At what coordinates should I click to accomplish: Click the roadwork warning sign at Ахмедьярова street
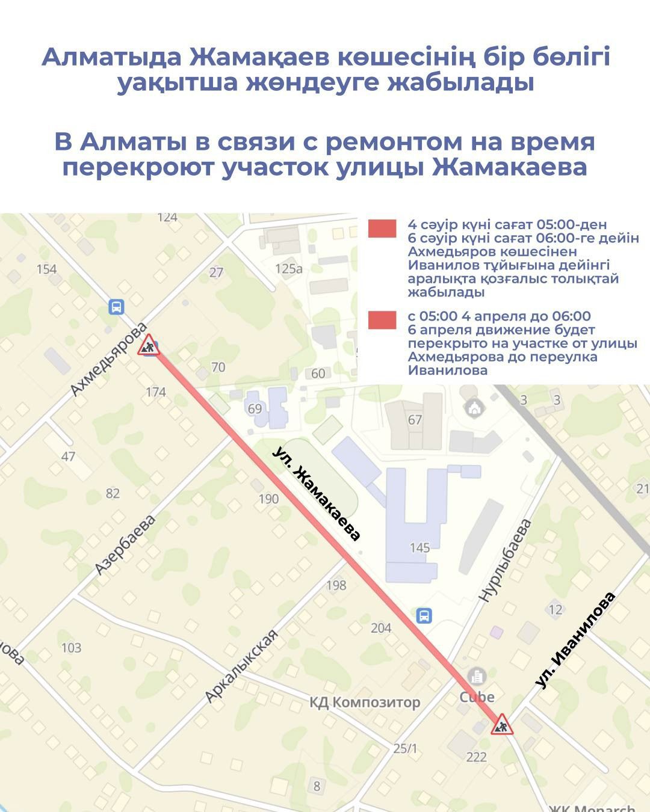pos(148,346)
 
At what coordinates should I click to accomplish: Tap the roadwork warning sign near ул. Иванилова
pos(501,725)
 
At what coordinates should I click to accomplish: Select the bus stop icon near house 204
pos(424,615)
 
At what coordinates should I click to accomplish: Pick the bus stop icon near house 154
pos(116,307)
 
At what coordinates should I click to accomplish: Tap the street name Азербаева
pos(125,544)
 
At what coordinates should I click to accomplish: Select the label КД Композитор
pos(365,702)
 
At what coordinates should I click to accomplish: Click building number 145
pos(419,547)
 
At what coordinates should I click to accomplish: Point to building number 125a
pos(288,268)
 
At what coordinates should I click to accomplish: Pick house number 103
pos(71,647)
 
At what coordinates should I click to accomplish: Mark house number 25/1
pos(405,748)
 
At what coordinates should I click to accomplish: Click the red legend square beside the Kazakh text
pos(382,229)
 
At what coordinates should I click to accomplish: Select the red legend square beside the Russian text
pos(382,320)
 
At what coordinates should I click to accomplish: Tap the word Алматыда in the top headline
pos(111,58)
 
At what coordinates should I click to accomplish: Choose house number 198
pos(336,585)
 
